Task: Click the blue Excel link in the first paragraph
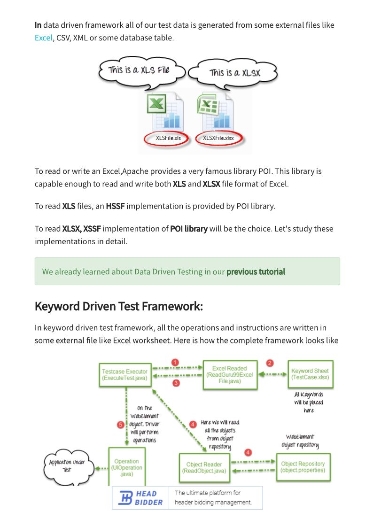coord(43,38)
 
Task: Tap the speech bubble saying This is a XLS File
coord(139,70)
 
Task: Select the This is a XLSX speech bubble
coord(235,73)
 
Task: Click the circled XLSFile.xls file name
coord(168,138)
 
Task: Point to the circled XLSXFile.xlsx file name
coord(218,138)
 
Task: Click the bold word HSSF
coord(115,206)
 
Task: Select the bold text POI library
coord(188,229)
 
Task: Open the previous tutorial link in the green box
coord(256,271)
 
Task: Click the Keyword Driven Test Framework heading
coord(118,306)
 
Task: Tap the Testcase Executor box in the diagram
coord(124,374)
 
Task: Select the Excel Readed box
coord(229,375)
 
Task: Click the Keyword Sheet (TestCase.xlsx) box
coord(310,374)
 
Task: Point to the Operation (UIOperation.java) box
coord(126,468)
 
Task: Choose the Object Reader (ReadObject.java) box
coord(204,468)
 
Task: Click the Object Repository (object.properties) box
coord(303,467)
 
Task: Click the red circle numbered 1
coord(175,362)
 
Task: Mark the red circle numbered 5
coord(120,425)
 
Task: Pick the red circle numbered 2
coord(270,363)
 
